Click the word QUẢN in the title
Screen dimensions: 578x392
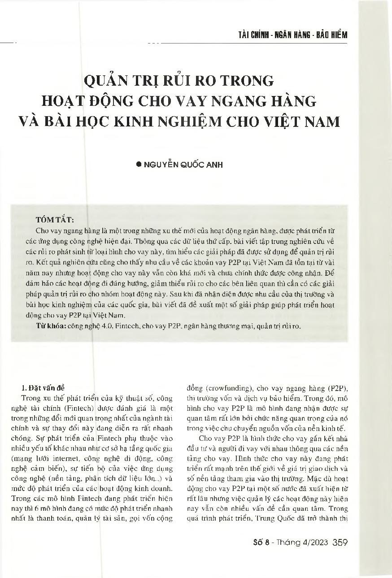pyautogui.click(x=107, y=81)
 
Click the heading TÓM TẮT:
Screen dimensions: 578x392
pyautogui.click(x=55, y=220)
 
